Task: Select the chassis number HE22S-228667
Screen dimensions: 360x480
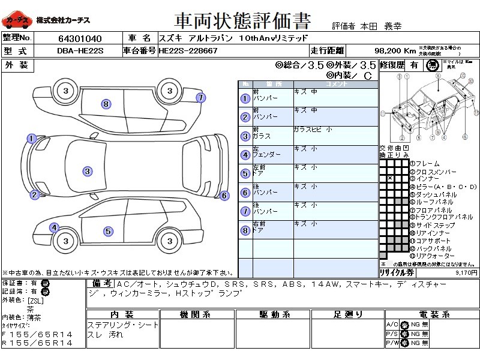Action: (x=188, y=51)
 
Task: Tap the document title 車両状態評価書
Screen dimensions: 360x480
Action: (x=242, y=22)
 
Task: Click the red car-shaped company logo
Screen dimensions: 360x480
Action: (x=16, y=22)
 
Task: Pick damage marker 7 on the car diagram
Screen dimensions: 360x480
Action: (x=200, y=97)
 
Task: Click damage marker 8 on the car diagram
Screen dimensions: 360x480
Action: (x=106, y=104)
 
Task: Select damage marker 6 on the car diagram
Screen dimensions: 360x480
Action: (x=224, y=195)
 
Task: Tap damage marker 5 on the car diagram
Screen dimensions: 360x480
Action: (x=108, y=231)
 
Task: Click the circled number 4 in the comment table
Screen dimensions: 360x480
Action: (x=245, y=155)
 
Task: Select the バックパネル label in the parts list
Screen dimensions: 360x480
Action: (x=433, y=248)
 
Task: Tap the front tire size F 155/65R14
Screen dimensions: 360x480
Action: (x=37, y=334)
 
